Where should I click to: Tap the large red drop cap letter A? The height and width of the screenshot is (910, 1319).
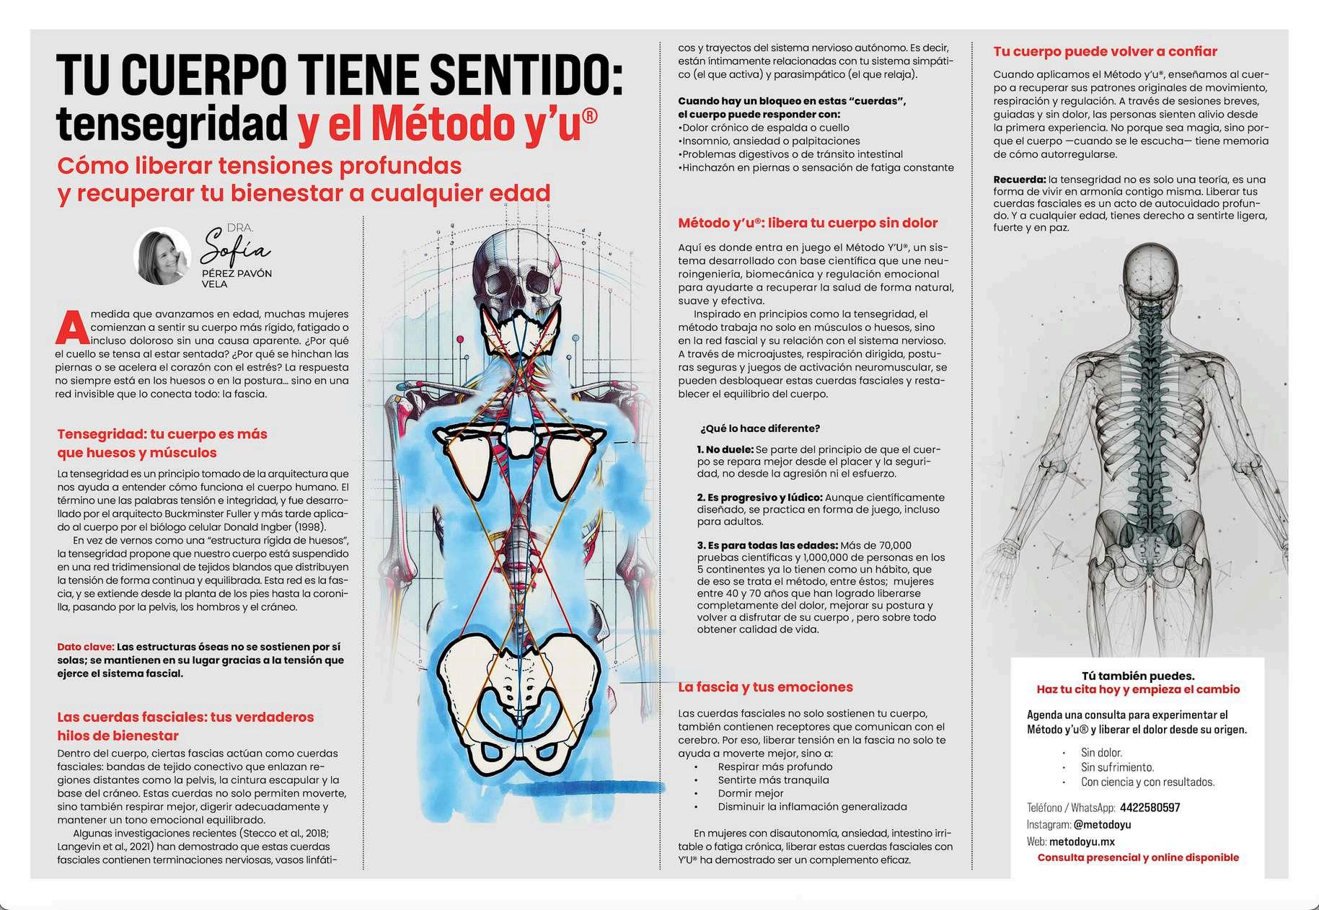tap(71, 327)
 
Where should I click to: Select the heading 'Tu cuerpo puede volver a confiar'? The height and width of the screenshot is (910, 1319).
tap(1105, 51)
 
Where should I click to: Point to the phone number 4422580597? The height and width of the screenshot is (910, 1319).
tap(1150, 808)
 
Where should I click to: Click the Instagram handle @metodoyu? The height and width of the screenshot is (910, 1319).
tap(1101, 824)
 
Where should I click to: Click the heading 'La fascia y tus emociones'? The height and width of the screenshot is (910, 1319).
tap(765, 687)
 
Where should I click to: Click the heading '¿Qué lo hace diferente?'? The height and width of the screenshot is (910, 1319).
tap(760, 428)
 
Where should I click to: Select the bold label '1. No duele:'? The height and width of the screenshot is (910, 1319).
tap(725, 449)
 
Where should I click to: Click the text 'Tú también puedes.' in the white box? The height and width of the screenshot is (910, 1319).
tap(1138, 676)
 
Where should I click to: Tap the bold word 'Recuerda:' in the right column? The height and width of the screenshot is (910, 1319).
tap(1019, 180)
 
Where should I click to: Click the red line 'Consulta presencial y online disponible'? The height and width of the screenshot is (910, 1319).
tap(1138, 857)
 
